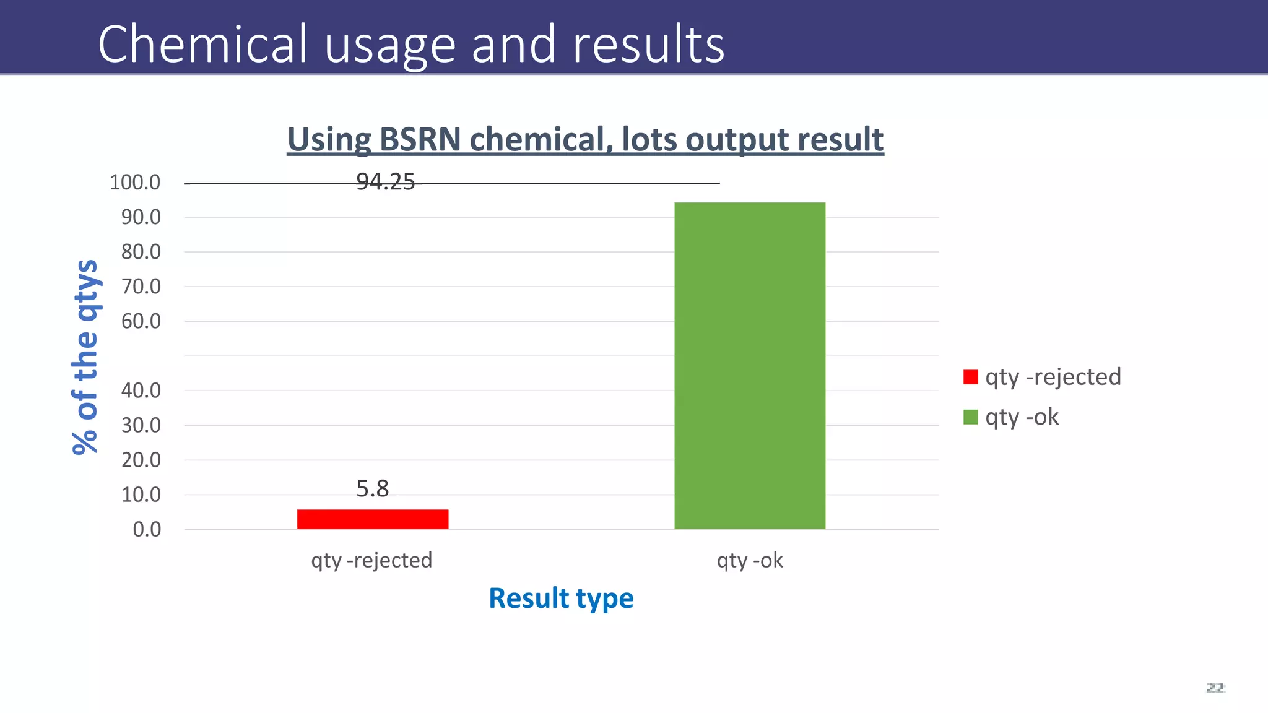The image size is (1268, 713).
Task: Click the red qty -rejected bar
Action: [372, 519]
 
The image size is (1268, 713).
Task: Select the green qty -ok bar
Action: [749, 365]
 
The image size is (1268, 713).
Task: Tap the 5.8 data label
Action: [372, 489]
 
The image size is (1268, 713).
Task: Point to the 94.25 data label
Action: [385, 182]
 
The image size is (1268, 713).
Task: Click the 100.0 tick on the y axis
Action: [135, 183]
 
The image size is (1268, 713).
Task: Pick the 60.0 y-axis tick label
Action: [141, 321]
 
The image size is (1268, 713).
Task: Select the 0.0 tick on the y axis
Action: [147, 530]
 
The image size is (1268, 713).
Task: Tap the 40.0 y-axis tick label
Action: [141, 391]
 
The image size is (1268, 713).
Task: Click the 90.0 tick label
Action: [141, 217]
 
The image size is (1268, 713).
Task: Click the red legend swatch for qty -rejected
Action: [970, 377]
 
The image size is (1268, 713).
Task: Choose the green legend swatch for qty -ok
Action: [970, 417]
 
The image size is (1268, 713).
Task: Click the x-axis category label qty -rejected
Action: [371, 560]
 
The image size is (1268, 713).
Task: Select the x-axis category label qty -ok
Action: [749, 560]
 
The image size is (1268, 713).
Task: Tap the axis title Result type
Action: [561, 598]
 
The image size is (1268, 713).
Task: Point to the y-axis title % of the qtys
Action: [85, 357]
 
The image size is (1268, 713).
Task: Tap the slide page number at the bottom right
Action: [1215, 688]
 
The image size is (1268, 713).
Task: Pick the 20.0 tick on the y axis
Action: [141, 460]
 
